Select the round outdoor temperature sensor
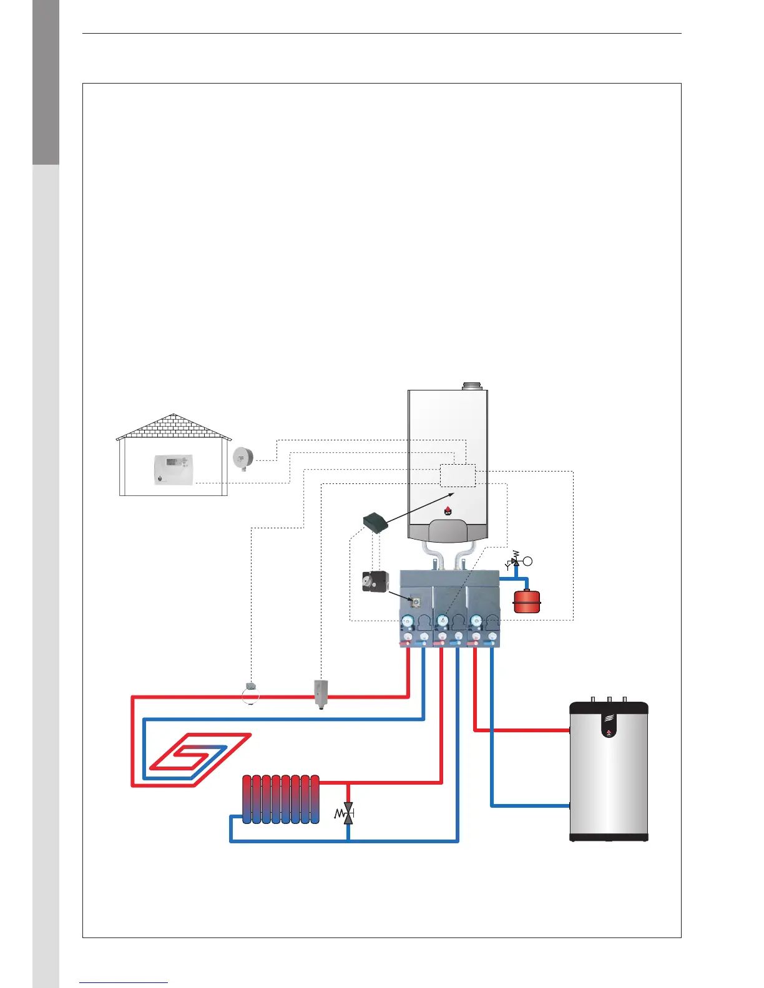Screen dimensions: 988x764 pos(242,458)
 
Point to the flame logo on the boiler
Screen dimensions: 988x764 pos(448,511)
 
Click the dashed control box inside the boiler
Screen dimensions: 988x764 pos(458,475)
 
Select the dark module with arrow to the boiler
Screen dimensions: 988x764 pos(376,521)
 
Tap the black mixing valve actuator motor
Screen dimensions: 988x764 pos(375,581)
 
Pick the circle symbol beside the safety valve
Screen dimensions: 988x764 pos(528,561)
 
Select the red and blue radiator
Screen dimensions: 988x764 pos(280,800)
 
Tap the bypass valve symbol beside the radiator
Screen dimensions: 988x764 pos(347,813)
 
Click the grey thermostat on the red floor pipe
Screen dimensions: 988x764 pos(320,692)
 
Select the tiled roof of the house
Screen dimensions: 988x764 pos(174,427)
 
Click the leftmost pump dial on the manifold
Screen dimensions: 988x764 pos(408,621)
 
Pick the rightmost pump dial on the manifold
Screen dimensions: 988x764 pos(476,621)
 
